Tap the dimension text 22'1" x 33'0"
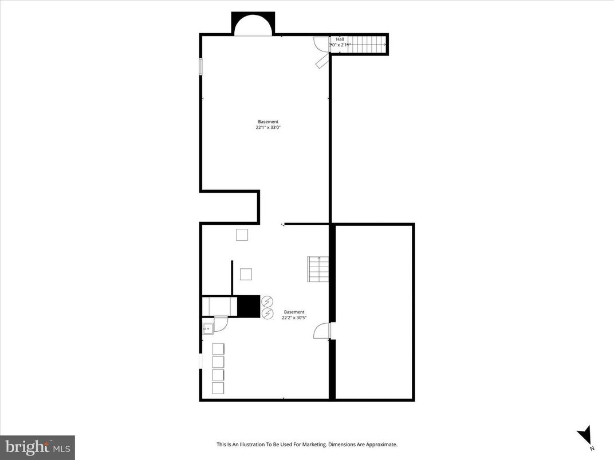tap(268, 128)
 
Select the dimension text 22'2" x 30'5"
tap(294, 318)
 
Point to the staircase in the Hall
tap(365, 43)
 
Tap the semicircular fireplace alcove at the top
tap(253, 26)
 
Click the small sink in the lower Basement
tap(207, 328)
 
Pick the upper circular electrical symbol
tap(267, 302)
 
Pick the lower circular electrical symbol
tap(267, 313)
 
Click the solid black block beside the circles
tap(249, 306)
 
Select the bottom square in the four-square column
tap(218, 388)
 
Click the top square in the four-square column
tap(218, 348)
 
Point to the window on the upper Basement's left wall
tap(200, 66)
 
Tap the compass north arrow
tap(584, 435)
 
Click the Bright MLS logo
tap(37, 447)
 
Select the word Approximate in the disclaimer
tap(380, 445)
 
